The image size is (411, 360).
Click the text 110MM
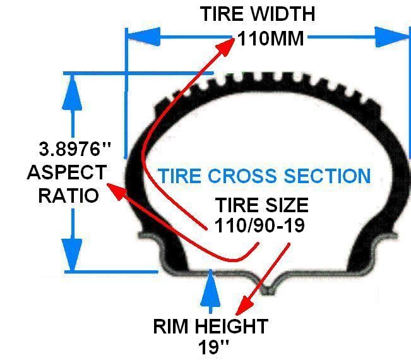(x=270, y=39)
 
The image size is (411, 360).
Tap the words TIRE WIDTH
(x=257, y=14)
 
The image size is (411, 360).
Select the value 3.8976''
(x=74, y=150)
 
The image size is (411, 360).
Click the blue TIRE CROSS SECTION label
(x=264, y=176)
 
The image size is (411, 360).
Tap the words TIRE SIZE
(x=262, y=205)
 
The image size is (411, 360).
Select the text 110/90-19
(x=259, y=225)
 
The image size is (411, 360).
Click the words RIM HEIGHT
(x=210, y=327)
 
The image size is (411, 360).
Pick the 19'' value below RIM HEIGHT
(x=212, y=348)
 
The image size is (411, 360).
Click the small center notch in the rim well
(x=268, y=290)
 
